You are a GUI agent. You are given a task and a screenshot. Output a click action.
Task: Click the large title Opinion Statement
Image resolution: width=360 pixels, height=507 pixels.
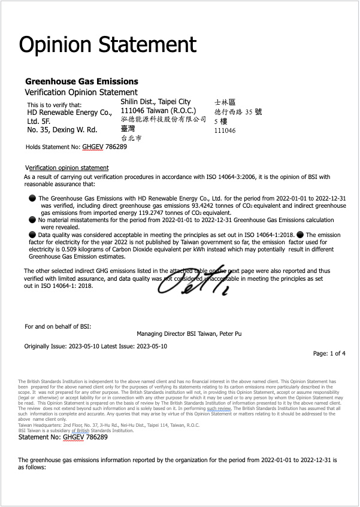click(x=108, y=45)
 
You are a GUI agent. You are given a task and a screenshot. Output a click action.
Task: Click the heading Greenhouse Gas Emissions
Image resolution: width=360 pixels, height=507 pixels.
click(x=81, y=81)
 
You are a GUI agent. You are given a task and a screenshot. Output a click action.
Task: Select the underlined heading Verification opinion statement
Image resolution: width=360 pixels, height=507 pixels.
click(x=67, y=168)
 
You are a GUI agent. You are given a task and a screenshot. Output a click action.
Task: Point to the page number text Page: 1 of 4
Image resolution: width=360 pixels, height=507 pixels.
click(x=329, y=354)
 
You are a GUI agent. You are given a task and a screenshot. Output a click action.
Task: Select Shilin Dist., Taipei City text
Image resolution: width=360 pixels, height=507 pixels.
click(x=156, y=102)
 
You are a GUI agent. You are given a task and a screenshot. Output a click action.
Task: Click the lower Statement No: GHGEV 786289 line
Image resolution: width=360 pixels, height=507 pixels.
click(x=63, y=438)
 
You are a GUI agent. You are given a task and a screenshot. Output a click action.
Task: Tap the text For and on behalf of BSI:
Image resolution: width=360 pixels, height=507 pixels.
click(x=58, y=326)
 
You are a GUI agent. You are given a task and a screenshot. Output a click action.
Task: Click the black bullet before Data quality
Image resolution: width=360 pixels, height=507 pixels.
click(x=32, y=235)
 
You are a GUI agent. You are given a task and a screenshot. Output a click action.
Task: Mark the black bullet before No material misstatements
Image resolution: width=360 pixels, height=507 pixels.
click(x=32, y=220)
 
